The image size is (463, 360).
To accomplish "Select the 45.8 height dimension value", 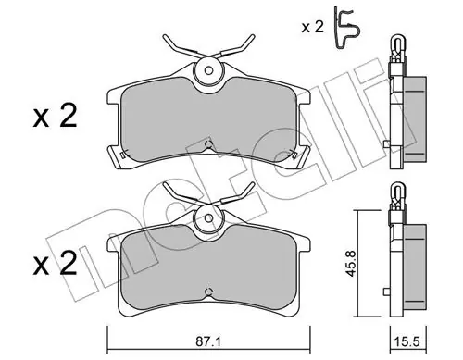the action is [x=351, y=263].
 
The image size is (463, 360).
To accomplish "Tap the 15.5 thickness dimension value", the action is [x=407, y=350].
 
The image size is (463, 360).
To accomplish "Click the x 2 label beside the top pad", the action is [x=55, y=117].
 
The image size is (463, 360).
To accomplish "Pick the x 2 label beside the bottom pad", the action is [x=55, y=264].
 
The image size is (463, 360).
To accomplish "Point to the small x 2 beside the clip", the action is [x=313, y=28].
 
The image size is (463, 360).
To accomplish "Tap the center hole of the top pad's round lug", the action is [x=208, y=71].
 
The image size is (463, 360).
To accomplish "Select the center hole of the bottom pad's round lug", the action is [x=208, y=218].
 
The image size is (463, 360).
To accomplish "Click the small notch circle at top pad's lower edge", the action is [x=208, y=143].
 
